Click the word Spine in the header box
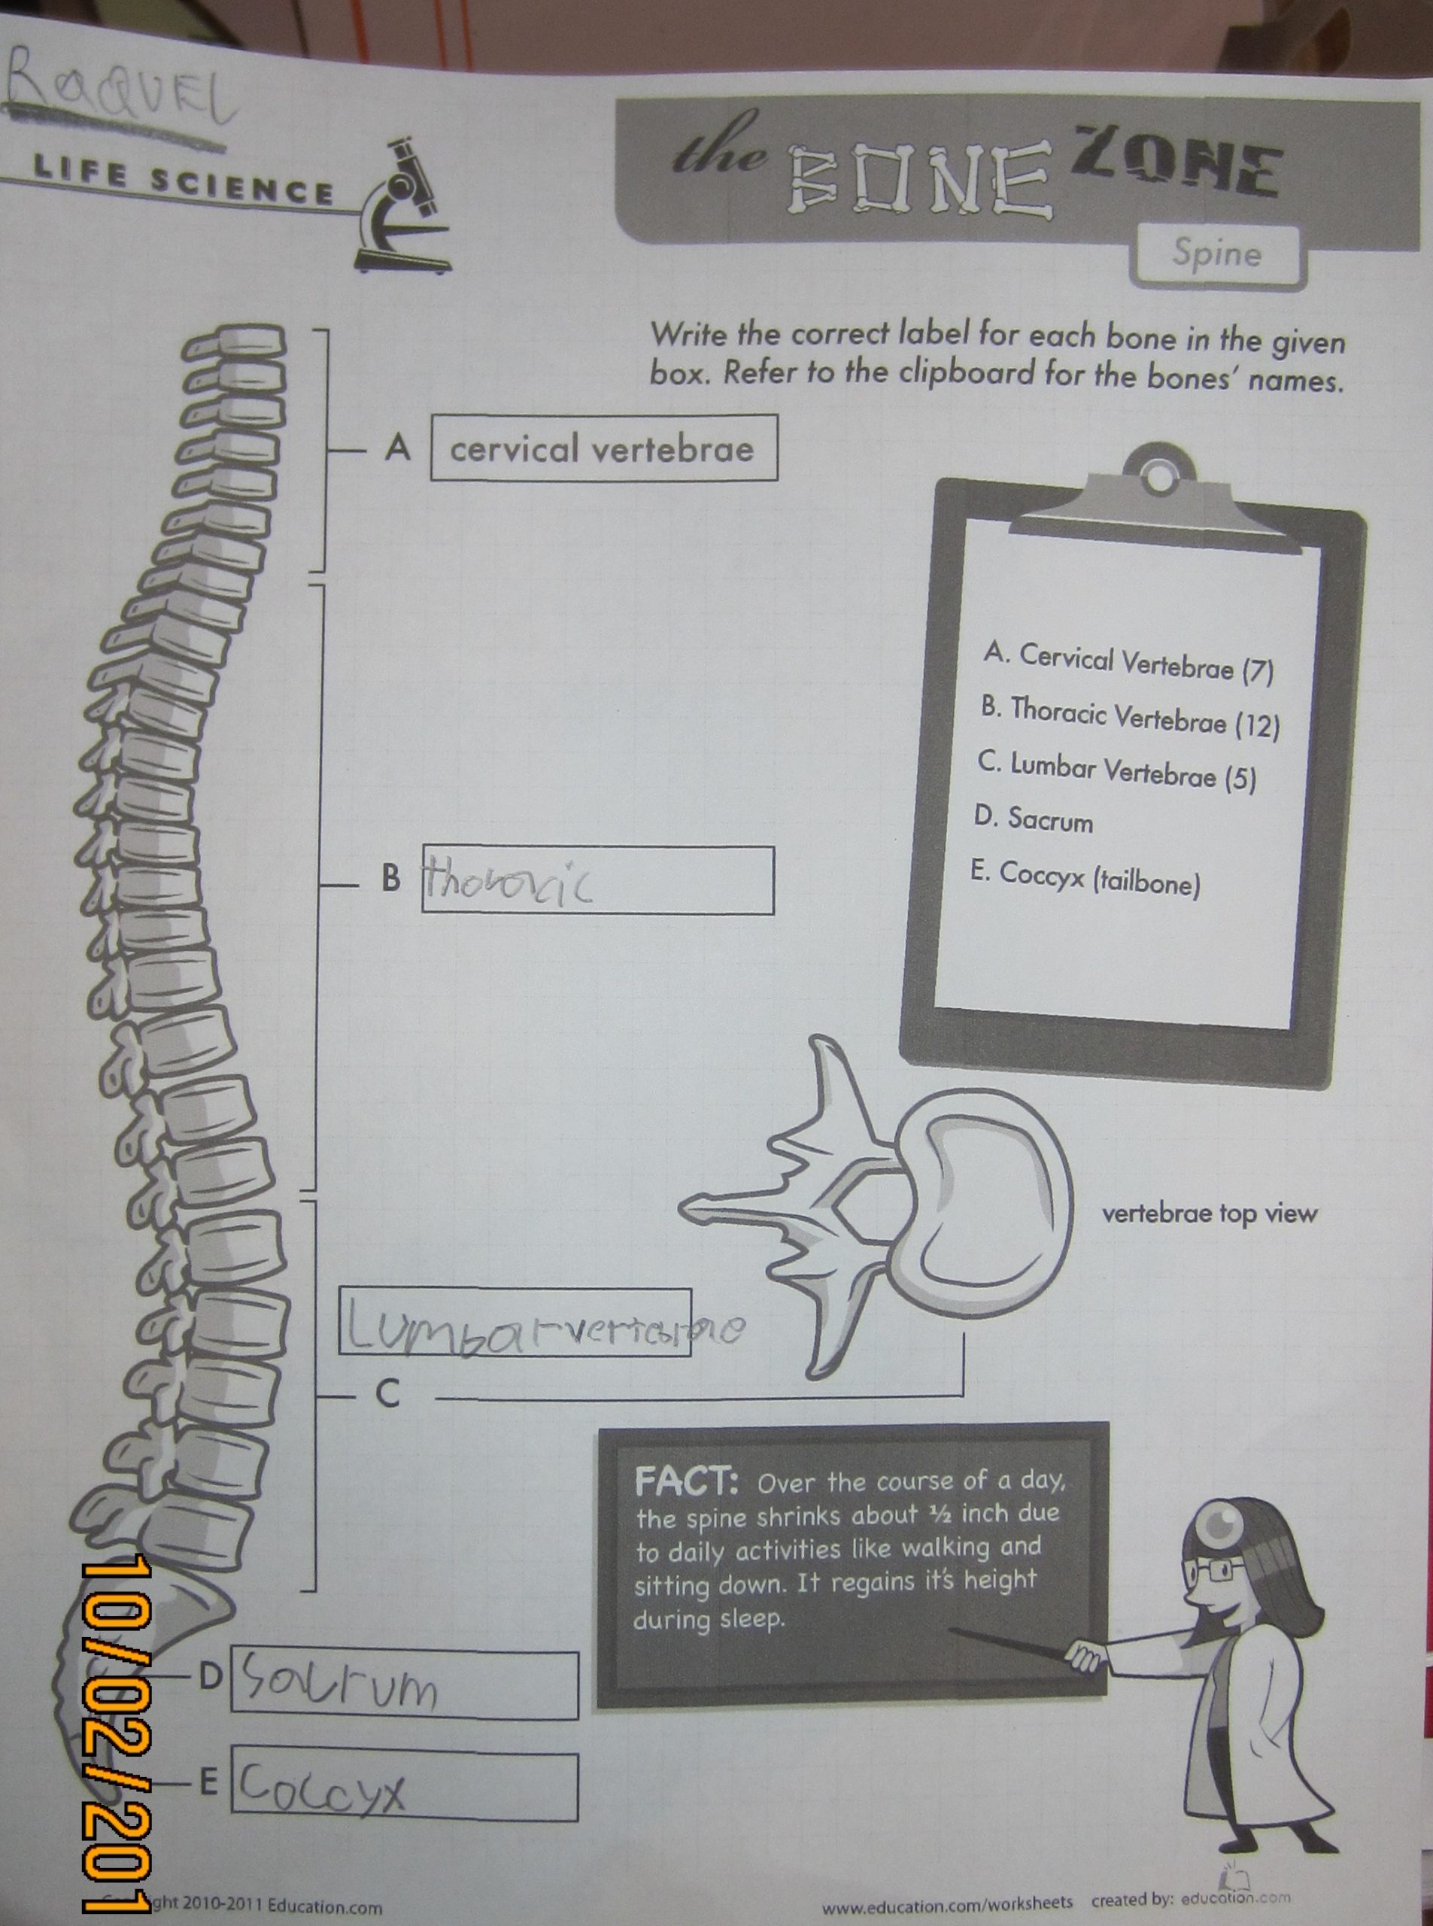[1216, 254]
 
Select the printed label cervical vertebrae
[602, 449]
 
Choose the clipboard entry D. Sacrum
[1033, 818]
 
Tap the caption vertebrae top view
[1209, 1214]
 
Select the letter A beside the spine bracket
[396, 448]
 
